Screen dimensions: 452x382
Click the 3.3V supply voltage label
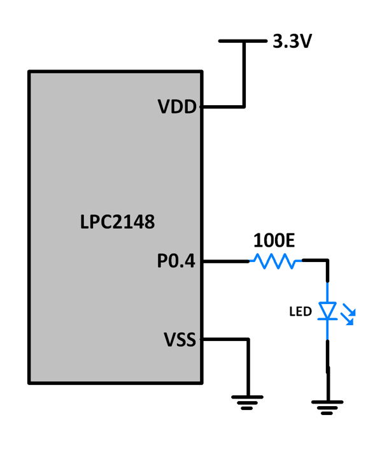292,42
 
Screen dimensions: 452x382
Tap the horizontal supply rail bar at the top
242,41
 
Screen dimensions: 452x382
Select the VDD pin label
178,107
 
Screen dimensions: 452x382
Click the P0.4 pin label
176,261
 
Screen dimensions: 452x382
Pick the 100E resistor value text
274,240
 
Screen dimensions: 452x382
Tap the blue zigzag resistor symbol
275,261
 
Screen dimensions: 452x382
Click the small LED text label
301,312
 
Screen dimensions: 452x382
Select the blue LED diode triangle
328,311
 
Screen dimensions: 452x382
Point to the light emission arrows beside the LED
349,314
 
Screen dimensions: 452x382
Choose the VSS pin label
178,339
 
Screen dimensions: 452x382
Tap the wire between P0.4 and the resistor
226,261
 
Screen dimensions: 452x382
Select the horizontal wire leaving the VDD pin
223,106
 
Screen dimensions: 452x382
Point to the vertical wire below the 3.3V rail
243,73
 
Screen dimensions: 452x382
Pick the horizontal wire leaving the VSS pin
224,340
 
